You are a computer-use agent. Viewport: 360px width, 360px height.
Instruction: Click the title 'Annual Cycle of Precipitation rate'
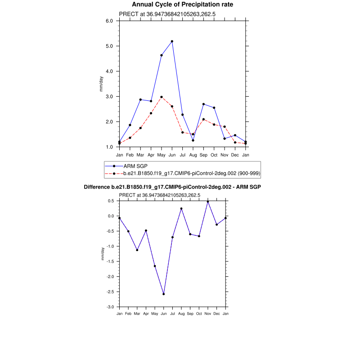(182, 4)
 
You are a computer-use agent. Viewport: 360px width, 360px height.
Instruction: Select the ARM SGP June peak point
(172, 41)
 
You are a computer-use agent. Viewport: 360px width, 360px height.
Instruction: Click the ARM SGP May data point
(162, 55)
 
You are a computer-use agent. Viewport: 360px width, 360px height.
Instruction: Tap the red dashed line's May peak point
(162, 97)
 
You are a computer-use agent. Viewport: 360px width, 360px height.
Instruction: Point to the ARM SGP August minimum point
(193, 140)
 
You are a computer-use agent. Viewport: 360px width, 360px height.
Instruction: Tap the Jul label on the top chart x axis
(182, 155)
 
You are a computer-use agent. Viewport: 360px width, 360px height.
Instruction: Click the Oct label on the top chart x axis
(214, 155)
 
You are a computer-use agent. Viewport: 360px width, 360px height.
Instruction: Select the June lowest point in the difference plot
(164, 294)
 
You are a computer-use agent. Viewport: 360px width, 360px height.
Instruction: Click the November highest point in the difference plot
(208, 202)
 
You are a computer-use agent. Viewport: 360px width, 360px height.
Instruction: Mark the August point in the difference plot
(181, 209)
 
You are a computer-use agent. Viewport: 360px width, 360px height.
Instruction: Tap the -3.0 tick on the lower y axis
(110, 307)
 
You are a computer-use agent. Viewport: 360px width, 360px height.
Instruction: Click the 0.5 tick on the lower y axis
(111, 201)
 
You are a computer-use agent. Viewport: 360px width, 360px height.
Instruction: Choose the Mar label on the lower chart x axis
(137, 313)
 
